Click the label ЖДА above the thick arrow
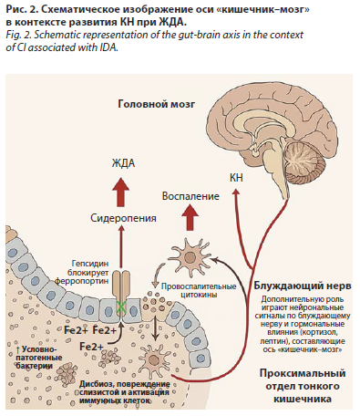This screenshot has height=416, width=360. tap(123, 163)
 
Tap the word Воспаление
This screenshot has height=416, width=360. tap(190, 196)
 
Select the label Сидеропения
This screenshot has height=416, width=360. tap(123, 218)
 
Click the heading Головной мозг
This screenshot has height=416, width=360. tap(156, 104)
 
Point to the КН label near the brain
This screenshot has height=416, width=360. tap(236, 178)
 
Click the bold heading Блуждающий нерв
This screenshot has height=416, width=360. tap(303, 286)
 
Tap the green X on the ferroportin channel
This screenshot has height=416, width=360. tap(122, 307)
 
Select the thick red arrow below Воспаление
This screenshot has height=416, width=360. tap(190, 217)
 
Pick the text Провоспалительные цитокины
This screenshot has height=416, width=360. tap(199, 290)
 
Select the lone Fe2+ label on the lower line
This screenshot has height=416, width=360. tap(91, 347)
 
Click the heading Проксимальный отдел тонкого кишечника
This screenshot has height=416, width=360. tap(303, 386)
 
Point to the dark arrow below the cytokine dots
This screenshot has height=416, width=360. tap(156, 328)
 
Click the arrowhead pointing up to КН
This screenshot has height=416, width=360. tap(236, 192)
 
